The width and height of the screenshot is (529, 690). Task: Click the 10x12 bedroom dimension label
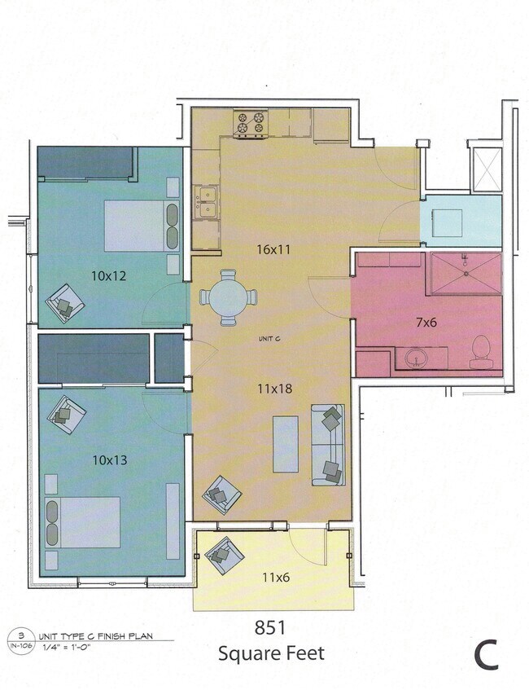coord(109,275)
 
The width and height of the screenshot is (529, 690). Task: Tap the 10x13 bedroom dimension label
coord(109,460)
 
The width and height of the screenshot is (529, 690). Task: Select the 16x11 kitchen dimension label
coord(273,249)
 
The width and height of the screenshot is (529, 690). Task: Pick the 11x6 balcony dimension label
coord(275,578)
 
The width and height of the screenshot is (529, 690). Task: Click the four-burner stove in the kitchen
coord(251,123)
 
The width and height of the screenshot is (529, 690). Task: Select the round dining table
coord(229,297)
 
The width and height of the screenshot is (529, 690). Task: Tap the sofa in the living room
coord(328,445)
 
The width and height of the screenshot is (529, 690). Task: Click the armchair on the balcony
coord(223,557)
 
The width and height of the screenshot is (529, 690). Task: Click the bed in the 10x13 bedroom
coord(84,522)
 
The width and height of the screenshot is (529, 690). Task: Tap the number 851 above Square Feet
coord(269,628)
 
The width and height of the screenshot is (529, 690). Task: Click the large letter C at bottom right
coord(487,655)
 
